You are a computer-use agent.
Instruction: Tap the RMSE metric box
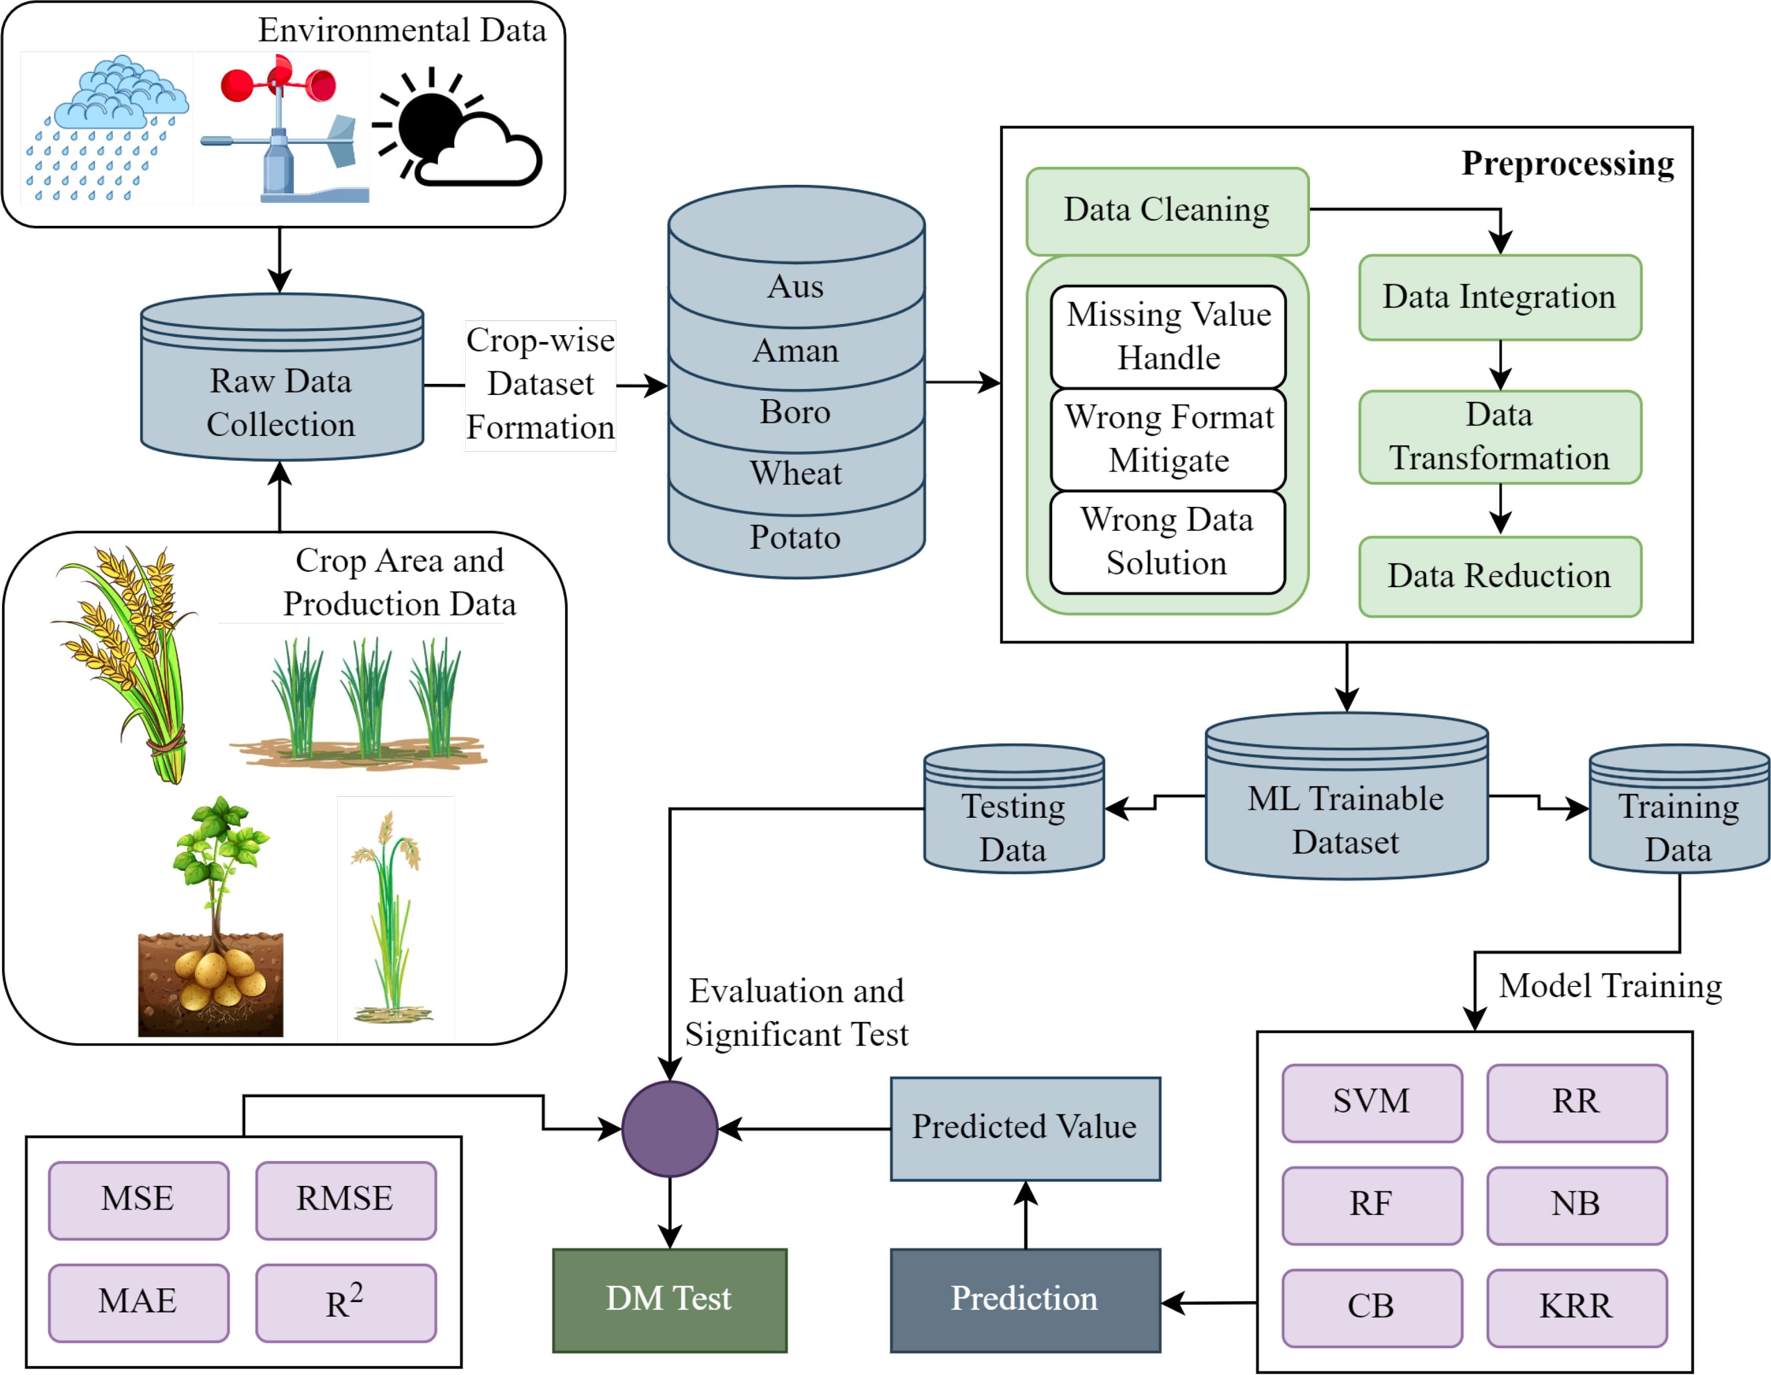[345, 1200]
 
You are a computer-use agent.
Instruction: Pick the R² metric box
[345, 1302]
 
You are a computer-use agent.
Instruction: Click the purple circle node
[670, 1128]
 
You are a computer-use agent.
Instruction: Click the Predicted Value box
[1025, 1128]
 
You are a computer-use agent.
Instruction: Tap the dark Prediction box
[1025, 1299]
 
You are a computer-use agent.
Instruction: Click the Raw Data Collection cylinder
[281, 389]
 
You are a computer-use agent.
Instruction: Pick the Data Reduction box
[1500, 576]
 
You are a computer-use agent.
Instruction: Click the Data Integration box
[1500, 297]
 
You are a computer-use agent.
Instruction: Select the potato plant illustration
[212, 916]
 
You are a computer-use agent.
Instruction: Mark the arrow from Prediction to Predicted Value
[1026, 1214]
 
